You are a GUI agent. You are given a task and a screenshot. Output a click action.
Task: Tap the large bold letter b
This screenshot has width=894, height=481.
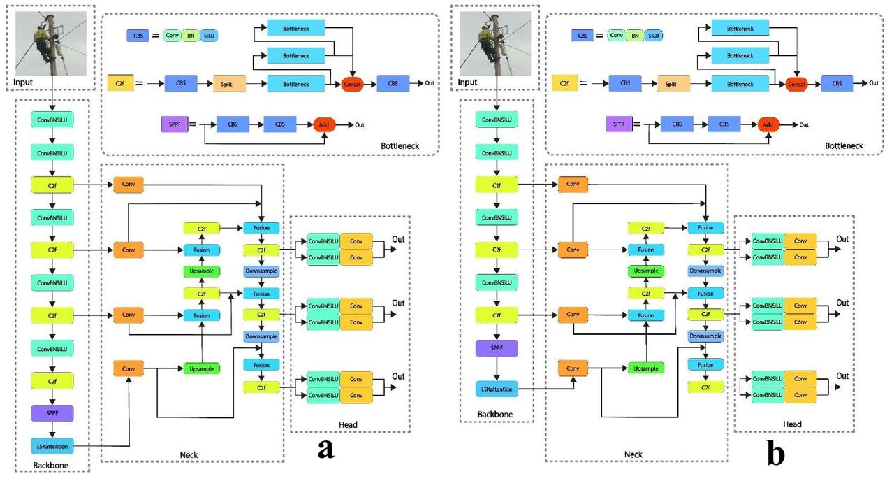pyautogui.click(x=775, y=454)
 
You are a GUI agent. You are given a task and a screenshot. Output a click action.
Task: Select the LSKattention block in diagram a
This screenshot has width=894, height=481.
pyautogui.click(x=52, y=445)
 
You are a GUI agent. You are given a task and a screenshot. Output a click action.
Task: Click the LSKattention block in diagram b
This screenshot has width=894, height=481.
pyautogui.click(x=497, y=388)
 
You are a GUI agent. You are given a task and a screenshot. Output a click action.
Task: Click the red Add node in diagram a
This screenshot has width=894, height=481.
pyautogui.click(x=325, y=124)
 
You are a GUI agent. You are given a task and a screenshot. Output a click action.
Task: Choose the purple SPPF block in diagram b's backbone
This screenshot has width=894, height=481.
pyautogui.click(x=497, y=347)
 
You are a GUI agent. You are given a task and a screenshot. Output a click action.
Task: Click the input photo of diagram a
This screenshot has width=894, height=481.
pyautogui.click(x=52, y=43)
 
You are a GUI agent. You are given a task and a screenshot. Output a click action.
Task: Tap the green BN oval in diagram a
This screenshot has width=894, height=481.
pyautogui.click(x=191, y=35)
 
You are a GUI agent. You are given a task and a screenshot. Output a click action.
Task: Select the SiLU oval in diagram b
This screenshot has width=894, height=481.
pyautogui.click(x=653, y=35)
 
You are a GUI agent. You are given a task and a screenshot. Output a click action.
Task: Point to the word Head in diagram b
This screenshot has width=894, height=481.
pyautogui.click(x=792, y=424)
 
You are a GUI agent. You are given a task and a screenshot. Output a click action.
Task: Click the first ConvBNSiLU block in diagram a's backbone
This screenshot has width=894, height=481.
pyautogui.click(x=52, y=120)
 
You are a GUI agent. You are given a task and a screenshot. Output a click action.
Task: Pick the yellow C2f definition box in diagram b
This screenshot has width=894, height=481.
pyautogui.click(x=564, y=84)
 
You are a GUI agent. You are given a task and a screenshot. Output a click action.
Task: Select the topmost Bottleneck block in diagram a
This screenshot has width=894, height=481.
pyautogui.click(x=296, y=27)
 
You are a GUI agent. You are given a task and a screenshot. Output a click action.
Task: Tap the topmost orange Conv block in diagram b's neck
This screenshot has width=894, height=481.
pyautogui.click(x=573, y=184)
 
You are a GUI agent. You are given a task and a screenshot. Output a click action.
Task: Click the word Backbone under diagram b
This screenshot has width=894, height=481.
pyautogui.click(x=494, y=415)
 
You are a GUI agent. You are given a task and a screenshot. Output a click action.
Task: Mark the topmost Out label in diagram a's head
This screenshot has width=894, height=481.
pyautogui.click(x=398, y=240)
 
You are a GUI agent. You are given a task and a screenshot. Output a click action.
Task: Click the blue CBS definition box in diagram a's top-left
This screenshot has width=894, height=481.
pyautogui.click(x=137, y=35)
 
